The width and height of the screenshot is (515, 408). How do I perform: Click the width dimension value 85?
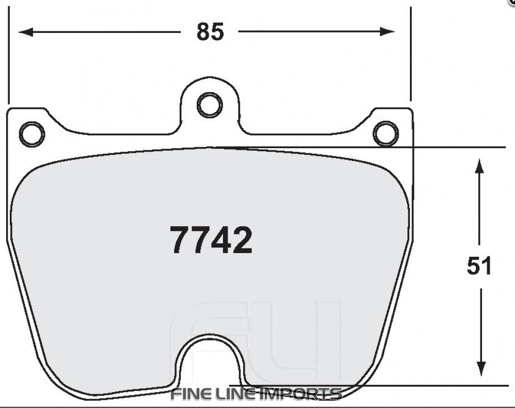pos(211,32)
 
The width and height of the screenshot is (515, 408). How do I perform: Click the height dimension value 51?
pos(479,266)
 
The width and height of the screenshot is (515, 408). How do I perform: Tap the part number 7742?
pos(211,240)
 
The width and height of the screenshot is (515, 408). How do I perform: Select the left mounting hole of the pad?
pos(31,134)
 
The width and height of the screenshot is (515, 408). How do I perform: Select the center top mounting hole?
pos(210,105)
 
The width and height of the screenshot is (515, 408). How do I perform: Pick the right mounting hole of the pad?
pos(386,134)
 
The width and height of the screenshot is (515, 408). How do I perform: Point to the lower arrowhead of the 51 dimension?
pos(480,369)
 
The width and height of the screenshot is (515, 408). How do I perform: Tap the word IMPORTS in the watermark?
pos(300,395)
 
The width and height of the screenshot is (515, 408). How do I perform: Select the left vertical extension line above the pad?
pos(9,57)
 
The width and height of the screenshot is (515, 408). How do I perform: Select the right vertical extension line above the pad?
pos(410,57)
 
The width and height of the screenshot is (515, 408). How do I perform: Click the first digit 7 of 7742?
pos(180,240)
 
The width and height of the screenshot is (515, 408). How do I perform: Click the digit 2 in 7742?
pos(242,240)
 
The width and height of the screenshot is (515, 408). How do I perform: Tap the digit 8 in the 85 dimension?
pos(203,32)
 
